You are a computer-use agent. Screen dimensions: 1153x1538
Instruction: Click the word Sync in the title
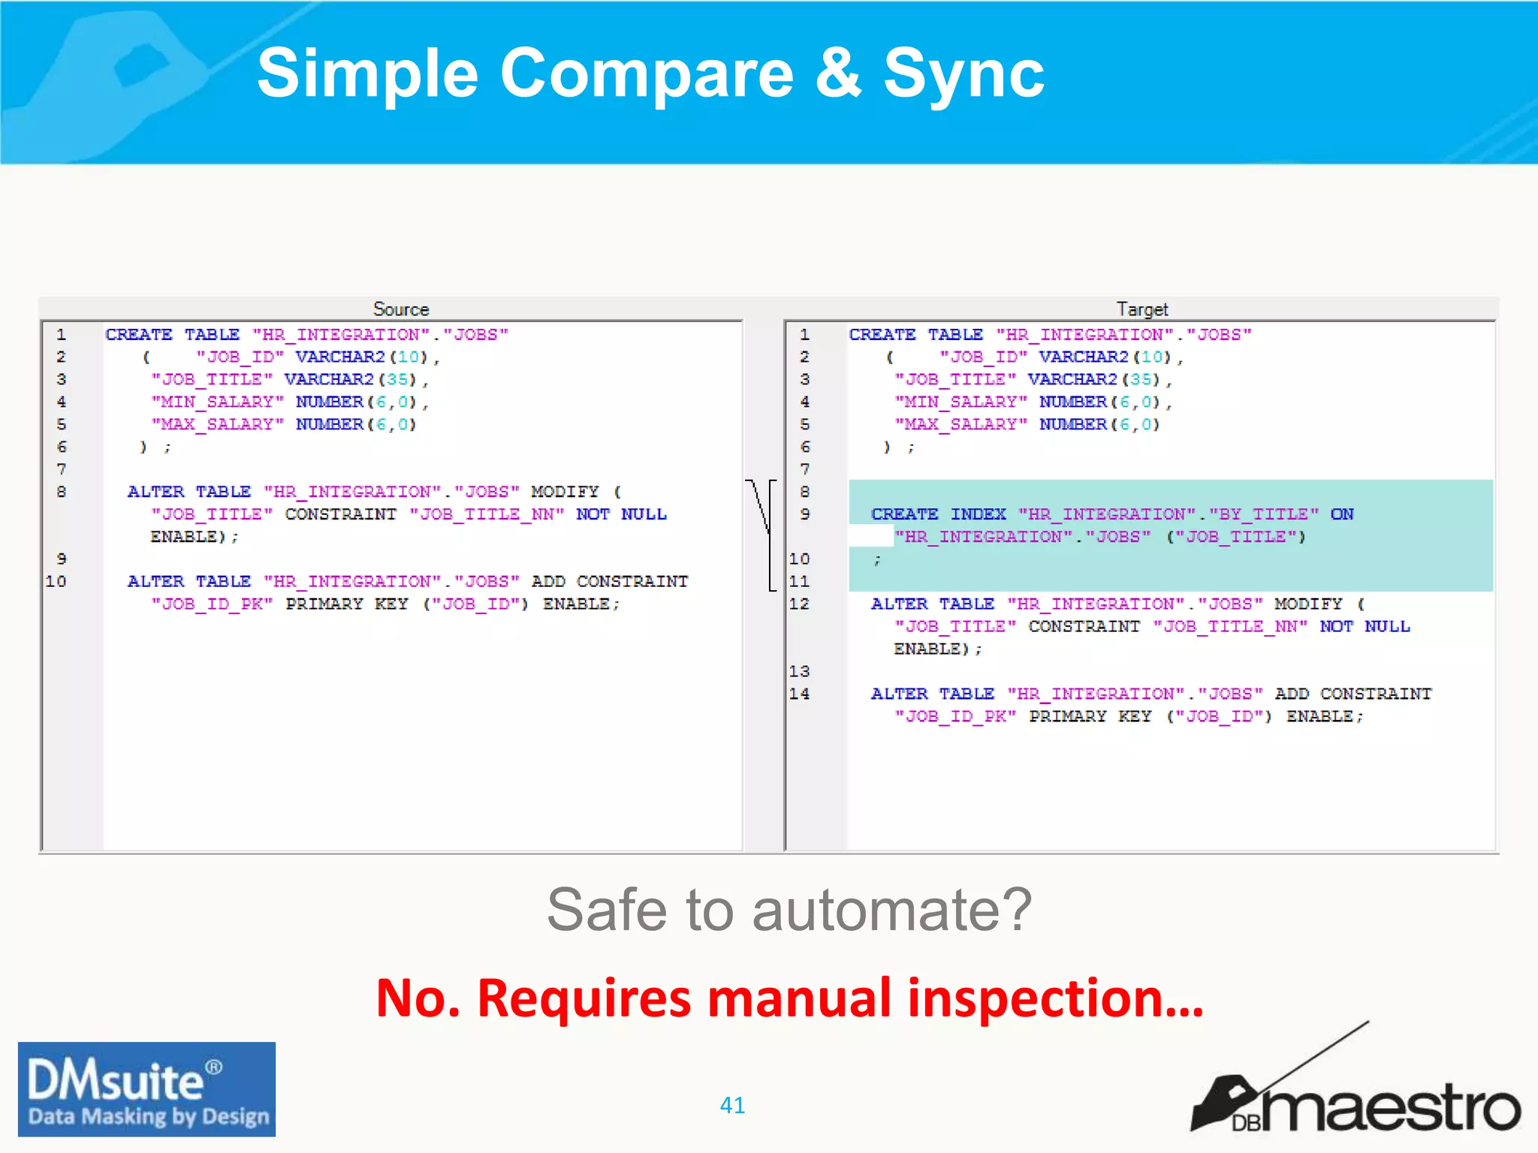point(964,74)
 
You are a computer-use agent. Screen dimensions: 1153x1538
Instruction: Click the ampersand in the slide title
point(837,74)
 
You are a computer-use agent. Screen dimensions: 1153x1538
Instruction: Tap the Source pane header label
point(401,309)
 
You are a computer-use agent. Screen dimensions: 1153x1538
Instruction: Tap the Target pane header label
point(1141,309)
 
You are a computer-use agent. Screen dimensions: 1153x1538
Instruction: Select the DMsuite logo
point(147,1089)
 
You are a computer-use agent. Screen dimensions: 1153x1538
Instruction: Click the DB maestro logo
point(1355,1096)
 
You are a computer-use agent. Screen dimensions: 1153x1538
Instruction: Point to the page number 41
point(732,1105)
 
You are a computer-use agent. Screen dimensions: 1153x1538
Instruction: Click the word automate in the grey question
point(892,911)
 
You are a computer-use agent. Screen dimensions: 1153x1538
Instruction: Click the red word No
point(418,998)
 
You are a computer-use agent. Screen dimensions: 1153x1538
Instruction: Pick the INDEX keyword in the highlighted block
point(978,514)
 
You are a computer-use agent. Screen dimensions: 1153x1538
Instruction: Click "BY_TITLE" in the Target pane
point(1264,514)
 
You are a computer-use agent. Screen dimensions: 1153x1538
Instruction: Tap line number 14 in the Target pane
point(799,694)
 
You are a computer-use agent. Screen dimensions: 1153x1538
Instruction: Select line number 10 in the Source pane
point(56,581)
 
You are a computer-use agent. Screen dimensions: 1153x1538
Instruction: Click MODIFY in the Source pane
point(565,492)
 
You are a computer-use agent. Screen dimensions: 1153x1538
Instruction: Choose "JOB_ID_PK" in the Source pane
point(212,604)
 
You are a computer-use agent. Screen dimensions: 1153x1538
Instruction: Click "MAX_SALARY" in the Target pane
point(960,424)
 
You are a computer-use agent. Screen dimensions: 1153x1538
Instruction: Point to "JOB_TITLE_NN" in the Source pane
point(487,514)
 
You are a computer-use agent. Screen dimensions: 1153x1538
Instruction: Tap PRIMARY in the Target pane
point(1067,716)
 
